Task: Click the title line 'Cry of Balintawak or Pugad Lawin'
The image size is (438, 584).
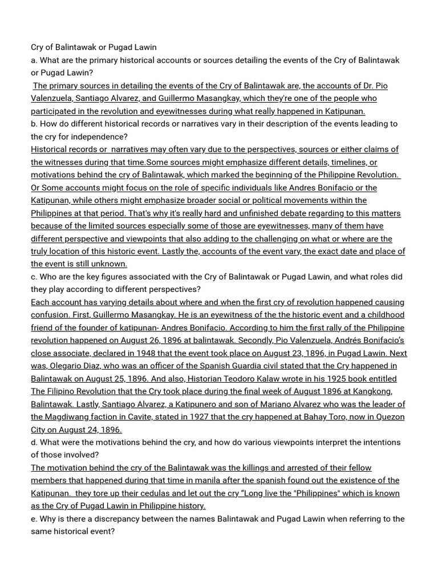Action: pos(94,47)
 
